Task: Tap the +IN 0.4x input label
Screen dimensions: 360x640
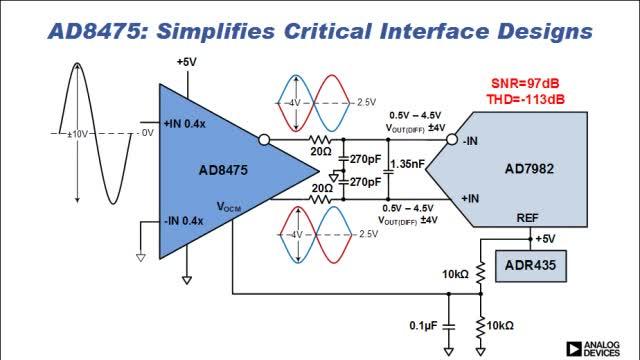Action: [187, 123]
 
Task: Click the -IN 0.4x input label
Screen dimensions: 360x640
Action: [185, 219]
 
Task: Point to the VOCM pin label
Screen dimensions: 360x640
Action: [230, 206]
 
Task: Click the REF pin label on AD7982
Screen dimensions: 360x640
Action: [527, 217]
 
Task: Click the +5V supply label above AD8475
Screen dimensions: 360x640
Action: [186, 63]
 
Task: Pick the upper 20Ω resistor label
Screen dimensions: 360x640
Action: [321, 153]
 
